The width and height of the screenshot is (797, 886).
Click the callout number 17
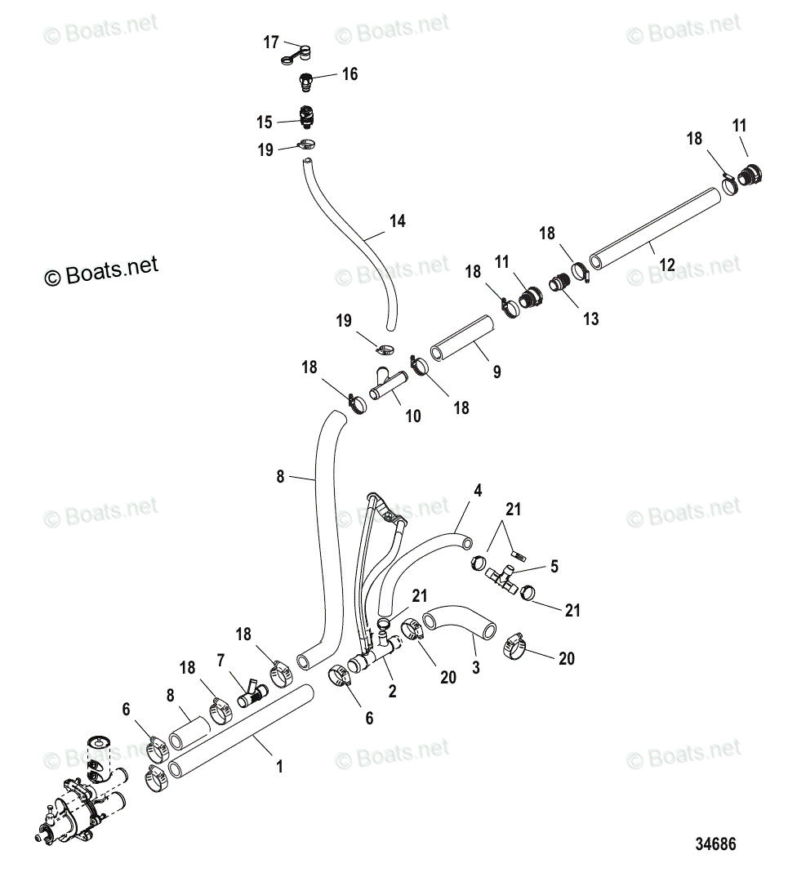271,42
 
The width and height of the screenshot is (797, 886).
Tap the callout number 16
350,74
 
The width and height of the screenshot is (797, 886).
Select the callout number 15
264,122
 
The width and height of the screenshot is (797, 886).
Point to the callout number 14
397,220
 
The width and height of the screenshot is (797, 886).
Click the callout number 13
590,318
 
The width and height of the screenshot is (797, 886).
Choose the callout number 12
667,265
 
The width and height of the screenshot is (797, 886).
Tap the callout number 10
413,416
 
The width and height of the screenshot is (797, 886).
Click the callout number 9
496,372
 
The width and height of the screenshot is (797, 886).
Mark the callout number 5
554,566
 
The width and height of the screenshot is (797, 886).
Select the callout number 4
478,491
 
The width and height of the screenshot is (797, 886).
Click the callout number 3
476,667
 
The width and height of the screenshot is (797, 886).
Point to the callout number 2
393,692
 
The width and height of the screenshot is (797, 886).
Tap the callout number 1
279,767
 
